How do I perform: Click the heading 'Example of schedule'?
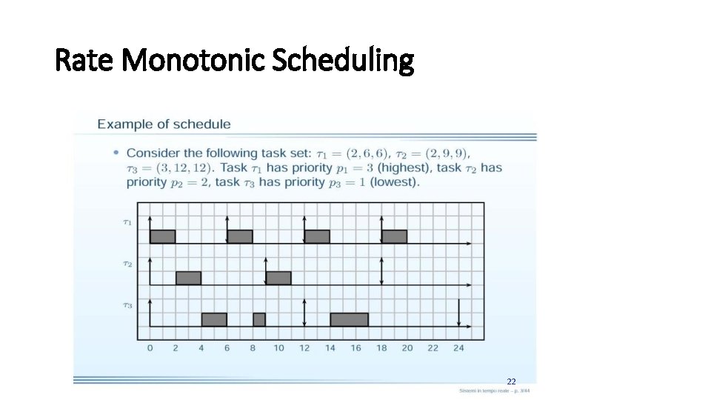[164, 124]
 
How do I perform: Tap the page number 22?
[511, 381]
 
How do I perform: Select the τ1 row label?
[127, 220]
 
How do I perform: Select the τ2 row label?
[127, 262]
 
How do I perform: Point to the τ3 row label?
[127, 304]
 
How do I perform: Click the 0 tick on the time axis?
[150, 348]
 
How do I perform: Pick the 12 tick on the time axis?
[304, 348]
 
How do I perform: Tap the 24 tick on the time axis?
[458, 348]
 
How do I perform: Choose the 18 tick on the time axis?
[381, 348]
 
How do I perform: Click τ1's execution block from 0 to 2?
[163, 236]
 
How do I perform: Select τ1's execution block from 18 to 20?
[394, 236]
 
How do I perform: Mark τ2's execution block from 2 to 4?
[188, 278]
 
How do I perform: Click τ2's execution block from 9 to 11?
[278, 278]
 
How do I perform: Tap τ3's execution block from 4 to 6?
[214, 319]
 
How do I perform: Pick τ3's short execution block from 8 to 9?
[259, 319]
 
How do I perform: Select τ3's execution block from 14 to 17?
[349, 319]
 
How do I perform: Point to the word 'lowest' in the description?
[397, 181]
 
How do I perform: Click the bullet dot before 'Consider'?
[116, 153]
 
